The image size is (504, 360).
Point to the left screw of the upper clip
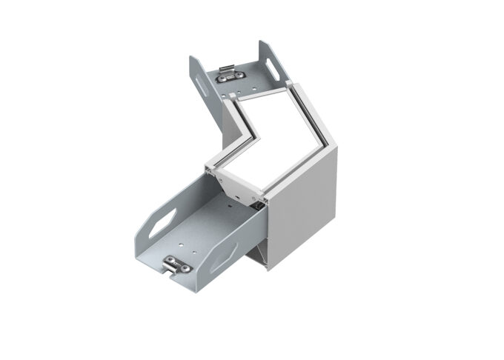[222, 76]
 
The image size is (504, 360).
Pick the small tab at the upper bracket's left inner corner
[231, 96]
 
